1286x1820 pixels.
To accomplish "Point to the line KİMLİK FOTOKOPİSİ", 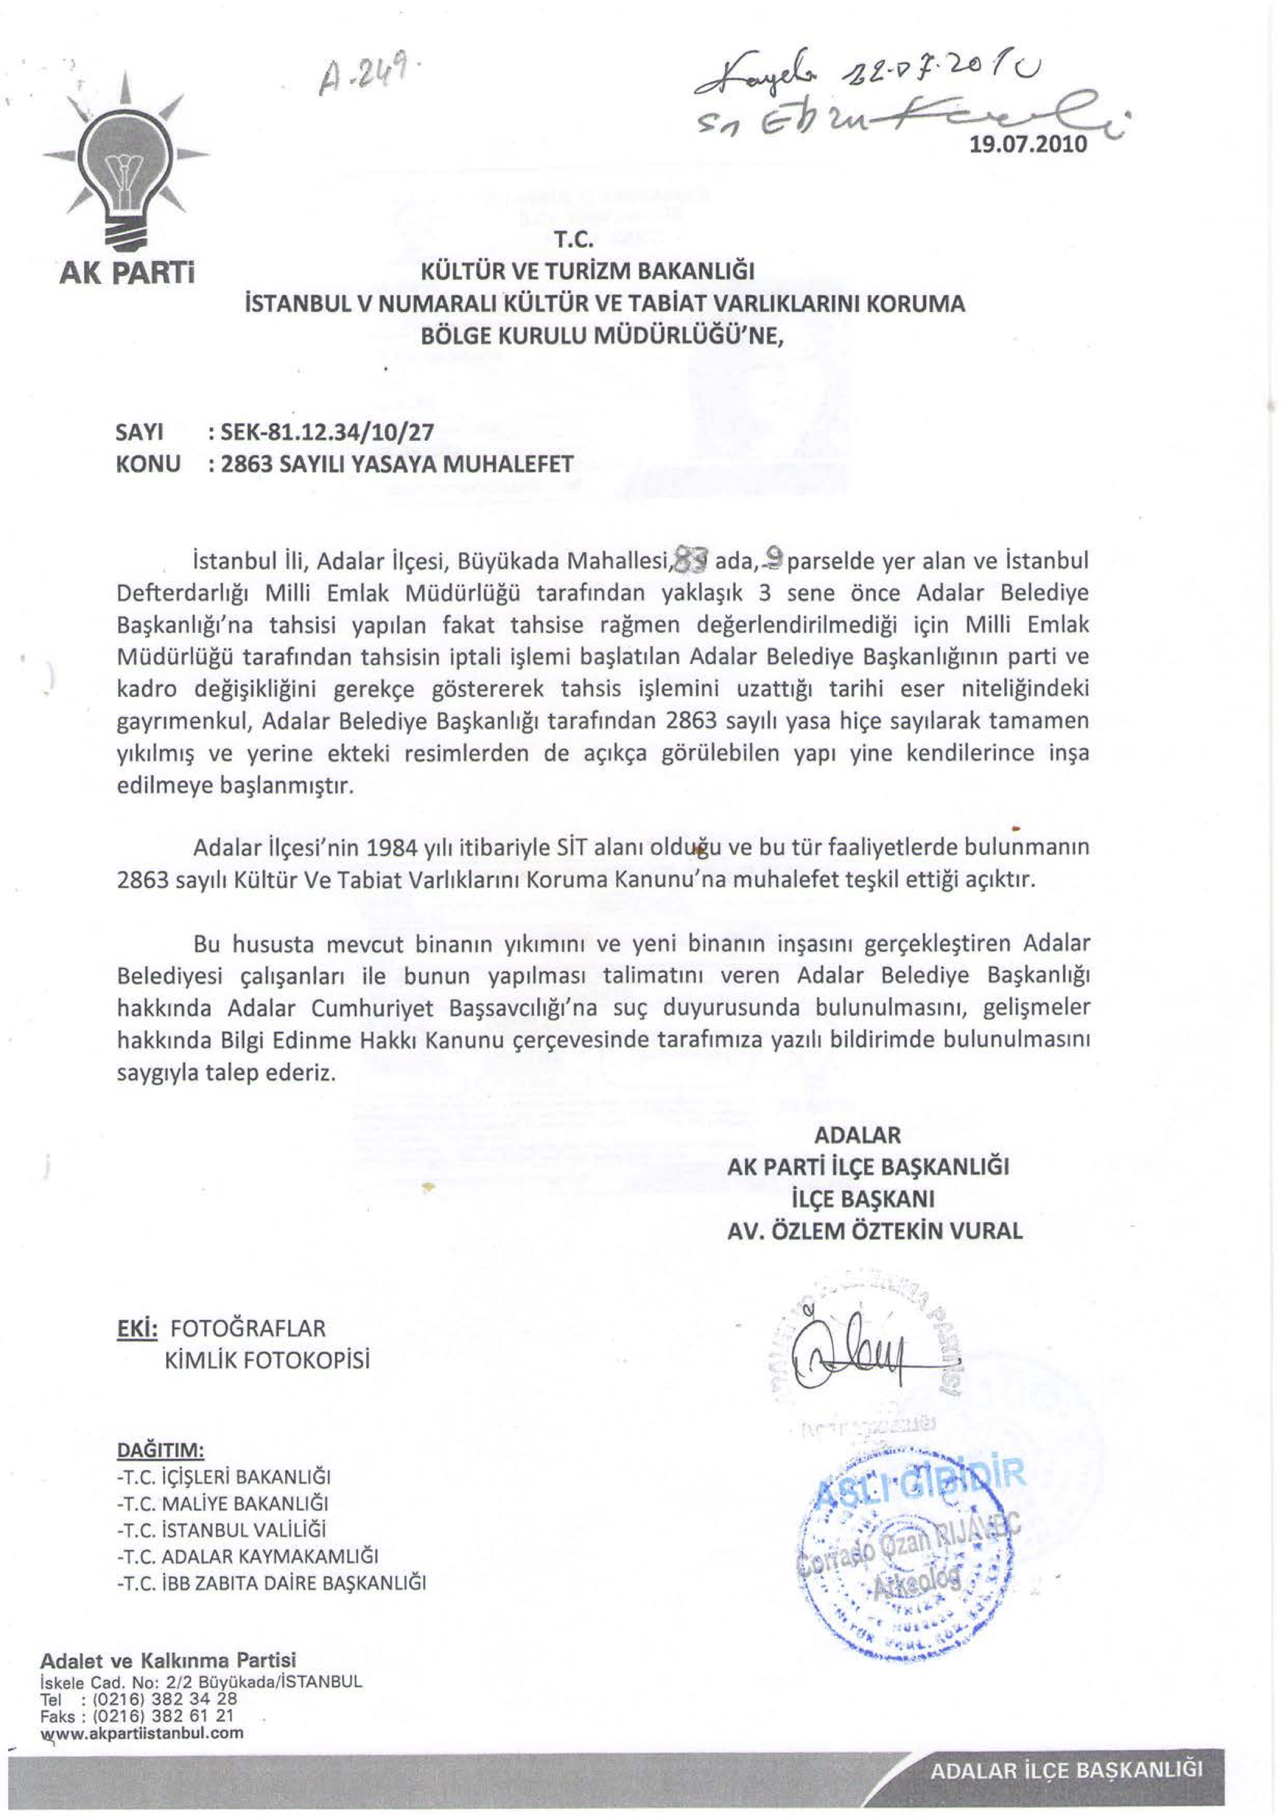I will (x=266, y=1360).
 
